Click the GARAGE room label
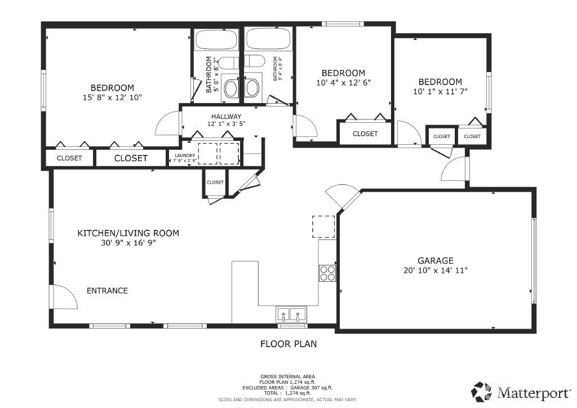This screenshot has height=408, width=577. pyautogui.click(x=435, y=260)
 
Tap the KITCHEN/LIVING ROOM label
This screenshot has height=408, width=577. pyautogui.click(x=128, y=233)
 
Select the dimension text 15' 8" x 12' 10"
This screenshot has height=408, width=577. pyautogui.click(x=112, y=97)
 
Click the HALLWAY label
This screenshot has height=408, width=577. pyautogui.click(x=210, y=117)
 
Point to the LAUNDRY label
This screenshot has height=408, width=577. pyautogui.click(x=185, y=156)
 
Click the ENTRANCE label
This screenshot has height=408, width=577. pyautogui.click(x=107, y=291)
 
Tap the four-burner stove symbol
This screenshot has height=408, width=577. pyautogui.click(x=327, y=273)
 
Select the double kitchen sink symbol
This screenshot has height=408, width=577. pyautogui.click(x=291, y=314)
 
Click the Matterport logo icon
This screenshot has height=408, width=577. pyautogui.click(x=482, y=391)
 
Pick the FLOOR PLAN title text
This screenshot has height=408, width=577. pyautogui.click(x=288, y=343)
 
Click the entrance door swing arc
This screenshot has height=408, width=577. pyautogui.click(x=66, y=295)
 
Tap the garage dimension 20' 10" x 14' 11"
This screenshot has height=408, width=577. pyautogui.click(x=435, y=270)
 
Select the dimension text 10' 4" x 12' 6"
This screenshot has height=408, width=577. pyautogui.click(x=343, y=82)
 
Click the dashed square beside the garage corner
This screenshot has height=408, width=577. pyautogui.click(x=323, y=227)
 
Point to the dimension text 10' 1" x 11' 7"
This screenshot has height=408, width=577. pyautogui.click(x=440, y=91)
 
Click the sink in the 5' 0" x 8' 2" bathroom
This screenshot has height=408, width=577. pyautogui.click(x=231, y=88)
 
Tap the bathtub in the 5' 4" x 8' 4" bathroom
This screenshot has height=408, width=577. pyautogui.click(x=268, y=39)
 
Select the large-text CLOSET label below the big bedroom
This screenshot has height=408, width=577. pyautogui.click(x=131, y=158)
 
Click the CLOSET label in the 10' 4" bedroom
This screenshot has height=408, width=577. pyautogui.click(x=365, y=134)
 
